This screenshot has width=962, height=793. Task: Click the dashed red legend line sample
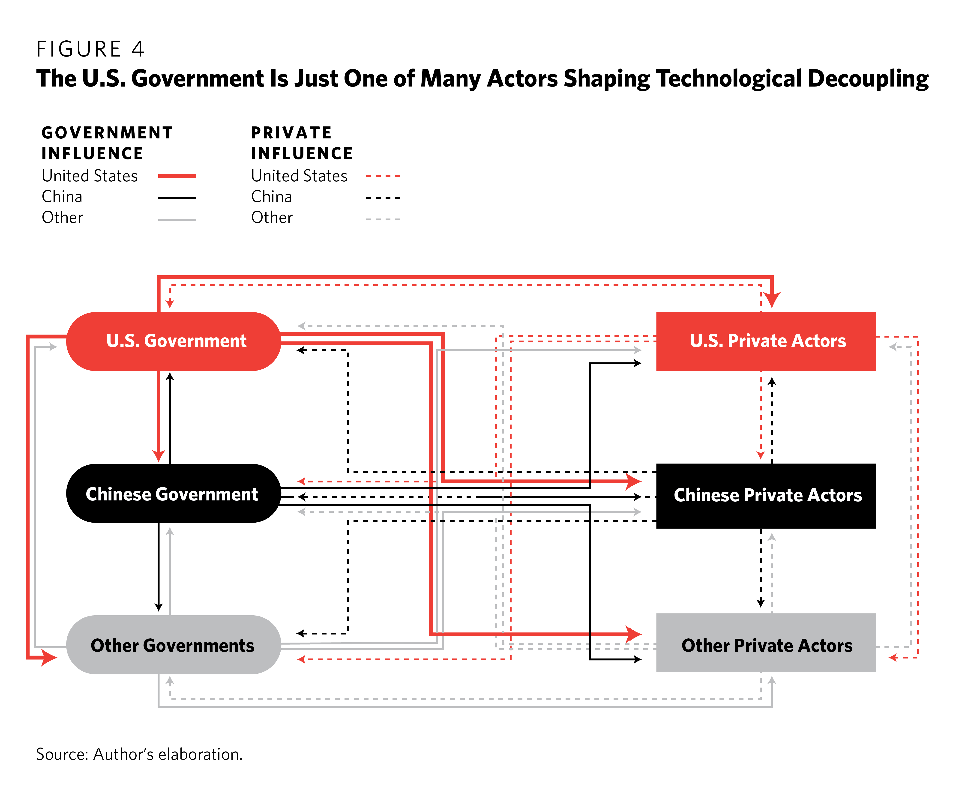[x=383, y=176]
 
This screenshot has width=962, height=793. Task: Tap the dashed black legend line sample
[x=383, y=198]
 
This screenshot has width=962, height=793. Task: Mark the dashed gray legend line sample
[x=383, y=219]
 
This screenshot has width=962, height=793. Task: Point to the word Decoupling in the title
[x=868, y=79]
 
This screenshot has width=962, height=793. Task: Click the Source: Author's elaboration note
[x=139, y=754]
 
